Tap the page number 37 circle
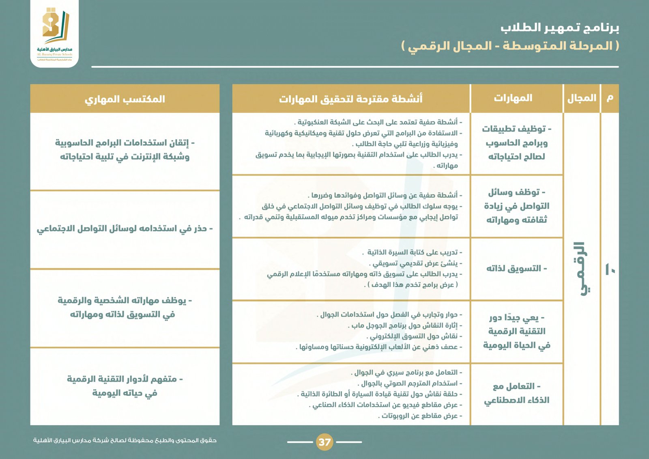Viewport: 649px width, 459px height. tap(324, 442)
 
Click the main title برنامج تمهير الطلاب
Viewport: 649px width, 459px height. tap(559, 28)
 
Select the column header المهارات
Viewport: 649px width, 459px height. tap(513, 98)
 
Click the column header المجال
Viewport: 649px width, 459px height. tap(582, 98)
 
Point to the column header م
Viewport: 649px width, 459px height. tap(610, 98)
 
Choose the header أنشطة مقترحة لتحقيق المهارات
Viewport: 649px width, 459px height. tap(350, 99)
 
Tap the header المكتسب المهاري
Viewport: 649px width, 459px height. tap(125, 99)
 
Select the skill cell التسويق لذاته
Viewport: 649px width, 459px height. tap(516, 269)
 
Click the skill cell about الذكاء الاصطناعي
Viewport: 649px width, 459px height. tap(516, 393)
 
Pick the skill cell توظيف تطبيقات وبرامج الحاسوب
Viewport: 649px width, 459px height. tap(516, 142)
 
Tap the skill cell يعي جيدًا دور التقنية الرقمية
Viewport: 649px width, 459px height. tap(516, 331)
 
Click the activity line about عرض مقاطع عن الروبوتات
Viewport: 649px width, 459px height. tap(420, 416)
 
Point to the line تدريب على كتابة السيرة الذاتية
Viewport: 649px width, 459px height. tap(412, 252)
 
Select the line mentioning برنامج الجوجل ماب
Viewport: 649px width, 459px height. tap(405, 325)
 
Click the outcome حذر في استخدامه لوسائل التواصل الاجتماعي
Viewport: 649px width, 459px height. tap(125, 229)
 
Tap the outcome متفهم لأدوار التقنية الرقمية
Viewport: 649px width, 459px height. tap(125, 386)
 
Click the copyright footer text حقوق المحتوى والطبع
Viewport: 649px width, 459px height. tap(125, 440)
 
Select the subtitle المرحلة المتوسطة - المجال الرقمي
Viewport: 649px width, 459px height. tap(510, 46)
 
